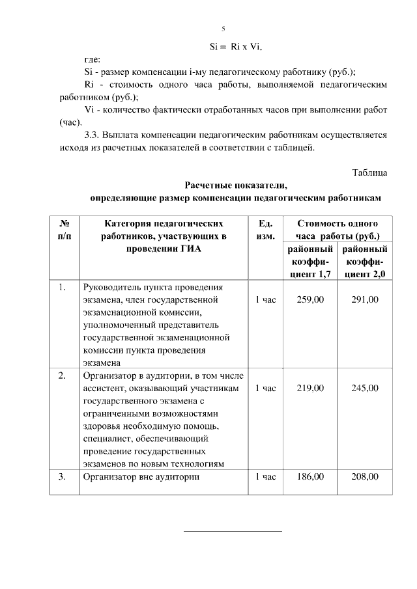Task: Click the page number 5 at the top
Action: [223, 29]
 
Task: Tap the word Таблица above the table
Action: [369, 172]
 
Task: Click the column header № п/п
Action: [65, 229]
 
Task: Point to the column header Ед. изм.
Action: [265, 229]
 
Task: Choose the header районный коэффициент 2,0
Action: [365, 262]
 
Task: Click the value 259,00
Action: [310, 299]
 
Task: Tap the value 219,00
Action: [310, 388]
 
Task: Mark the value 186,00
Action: [310, 477]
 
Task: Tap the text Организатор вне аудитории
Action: [139, 477]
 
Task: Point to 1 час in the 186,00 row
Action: [265, 477]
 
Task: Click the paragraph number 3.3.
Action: [93, 135]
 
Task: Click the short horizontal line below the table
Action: [233, 531]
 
